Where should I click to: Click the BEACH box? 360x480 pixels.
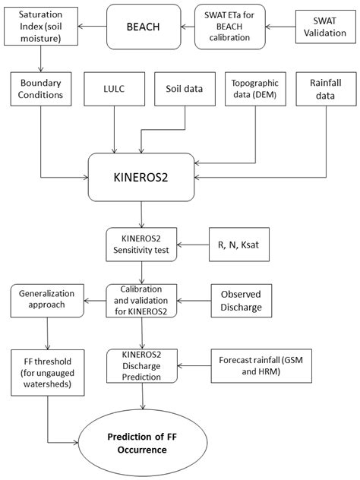(142, 27)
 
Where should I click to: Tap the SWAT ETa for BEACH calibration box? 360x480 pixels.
(229, 27)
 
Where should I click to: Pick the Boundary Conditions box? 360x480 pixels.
(40, 90)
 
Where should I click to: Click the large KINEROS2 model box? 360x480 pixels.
(142, 178)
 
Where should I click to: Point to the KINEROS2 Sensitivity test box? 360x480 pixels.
(142, 246)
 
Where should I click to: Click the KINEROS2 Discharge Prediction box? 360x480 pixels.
(142, 363)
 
